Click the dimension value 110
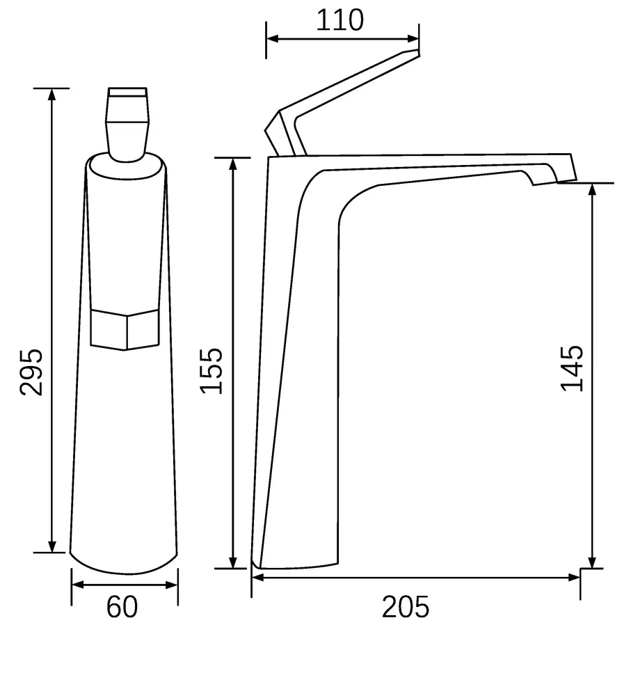click(x=340, y=20)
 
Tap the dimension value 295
click(x=31, y=372)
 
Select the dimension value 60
click(x=122, y=607)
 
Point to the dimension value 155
click(x=211, y=371)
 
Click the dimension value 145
click(x=572, y=368)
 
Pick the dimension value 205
click(x=406, y=607)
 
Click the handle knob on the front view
click(x=127, y=125)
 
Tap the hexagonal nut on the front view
click(x=125, y=330)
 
